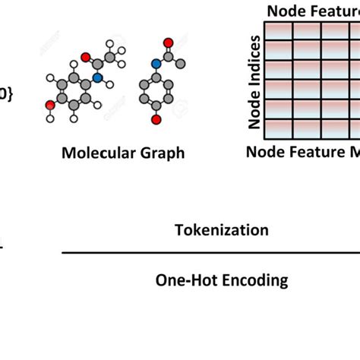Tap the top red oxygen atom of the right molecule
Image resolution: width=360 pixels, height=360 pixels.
point(169,43)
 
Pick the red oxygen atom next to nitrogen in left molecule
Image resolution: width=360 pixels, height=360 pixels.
point(86,57)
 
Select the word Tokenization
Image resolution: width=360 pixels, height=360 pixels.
point(221,230)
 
